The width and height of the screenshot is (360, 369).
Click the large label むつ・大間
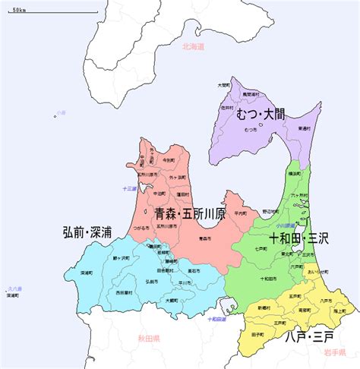tap(261, 115)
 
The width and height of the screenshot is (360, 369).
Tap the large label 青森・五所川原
tap(190, 214)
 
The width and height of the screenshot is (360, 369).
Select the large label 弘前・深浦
tap(87, 232)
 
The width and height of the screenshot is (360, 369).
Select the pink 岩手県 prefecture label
tap(336, 352)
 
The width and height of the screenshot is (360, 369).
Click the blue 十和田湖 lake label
tap(217, 319)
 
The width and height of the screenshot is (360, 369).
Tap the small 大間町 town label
tap(223, 85)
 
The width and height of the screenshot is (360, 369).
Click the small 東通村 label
tap(303, 128)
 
